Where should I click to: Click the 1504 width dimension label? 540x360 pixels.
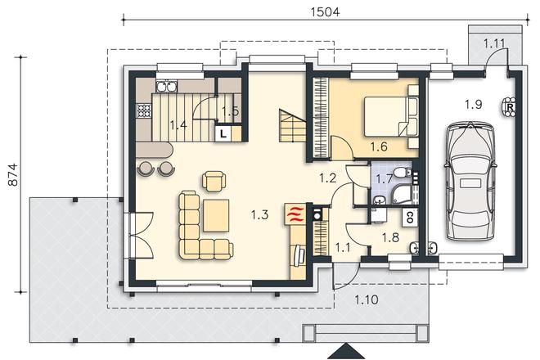click(x=325, y=12)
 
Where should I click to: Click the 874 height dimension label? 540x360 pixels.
click(x=13, y=174)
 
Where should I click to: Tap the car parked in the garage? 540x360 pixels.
click(x=470, y=181)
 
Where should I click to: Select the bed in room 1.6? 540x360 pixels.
click(x=391, y=116)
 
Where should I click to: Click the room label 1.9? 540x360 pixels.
click(x=474, y=104)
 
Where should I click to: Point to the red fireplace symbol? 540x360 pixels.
click(x=295, y=214)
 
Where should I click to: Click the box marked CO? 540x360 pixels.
click(x=410, y=217)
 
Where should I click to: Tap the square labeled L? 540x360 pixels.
click(x=223, y=133)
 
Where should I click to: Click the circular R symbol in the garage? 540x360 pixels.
click(x=509, y=107)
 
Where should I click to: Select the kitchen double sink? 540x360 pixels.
click(x=166, y=86)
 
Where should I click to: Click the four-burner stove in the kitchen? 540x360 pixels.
click(x=144, y=110)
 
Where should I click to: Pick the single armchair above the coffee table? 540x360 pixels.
click(x=214, y=181)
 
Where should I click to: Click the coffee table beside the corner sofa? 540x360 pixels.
click(x=216, y=216)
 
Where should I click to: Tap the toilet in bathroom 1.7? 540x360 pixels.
click(x=403, y=173)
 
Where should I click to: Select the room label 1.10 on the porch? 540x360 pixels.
click(x=367, y=299)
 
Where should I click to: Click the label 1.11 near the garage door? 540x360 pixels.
click(x=494, y=43)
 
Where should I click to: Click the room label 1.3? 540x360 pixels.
click(x=259, y=215)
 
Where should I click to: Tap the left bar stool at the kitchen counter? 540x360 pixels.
click(x=145, y=169)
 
